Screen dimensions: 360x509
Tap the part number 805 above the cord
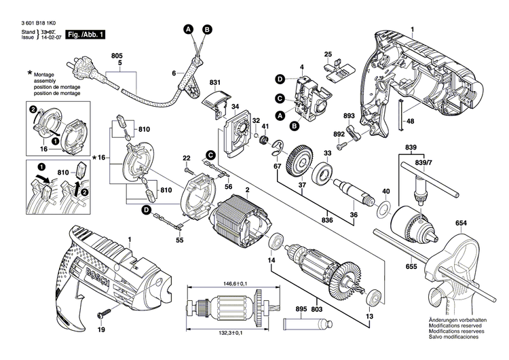(x=117, y=54)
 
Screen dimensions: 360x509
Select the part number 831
(x=215, y=83)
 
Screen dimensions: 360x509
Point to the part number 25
(x=328, y=54)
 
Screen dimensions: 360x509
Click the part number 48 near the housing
(x=410, y=122)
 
